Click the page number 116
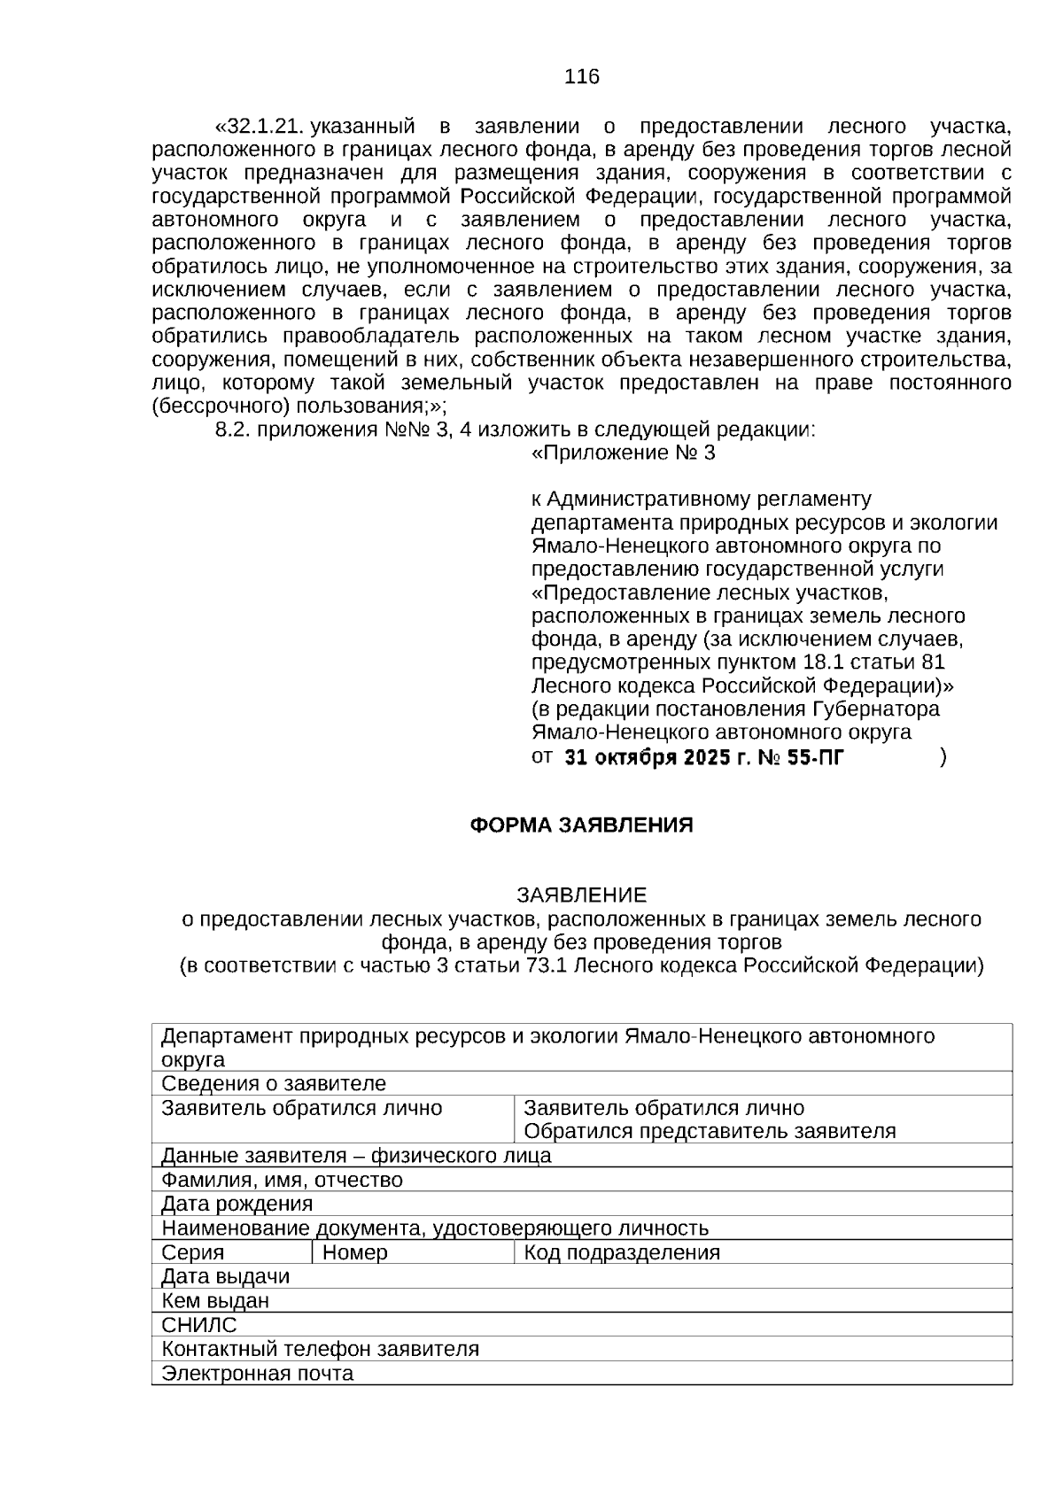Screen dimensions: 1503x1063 click(582, 77)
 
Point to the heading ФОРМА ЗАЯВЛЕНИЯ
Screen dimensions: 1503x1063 click(581, 825)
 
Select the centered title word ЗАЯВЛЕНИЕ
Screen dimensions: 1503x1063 click(582, 895)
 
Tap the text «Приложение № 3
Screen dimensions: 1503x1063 click(623, 453)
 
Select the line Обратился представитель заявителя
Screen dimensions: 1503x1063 click(710, 1131)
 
